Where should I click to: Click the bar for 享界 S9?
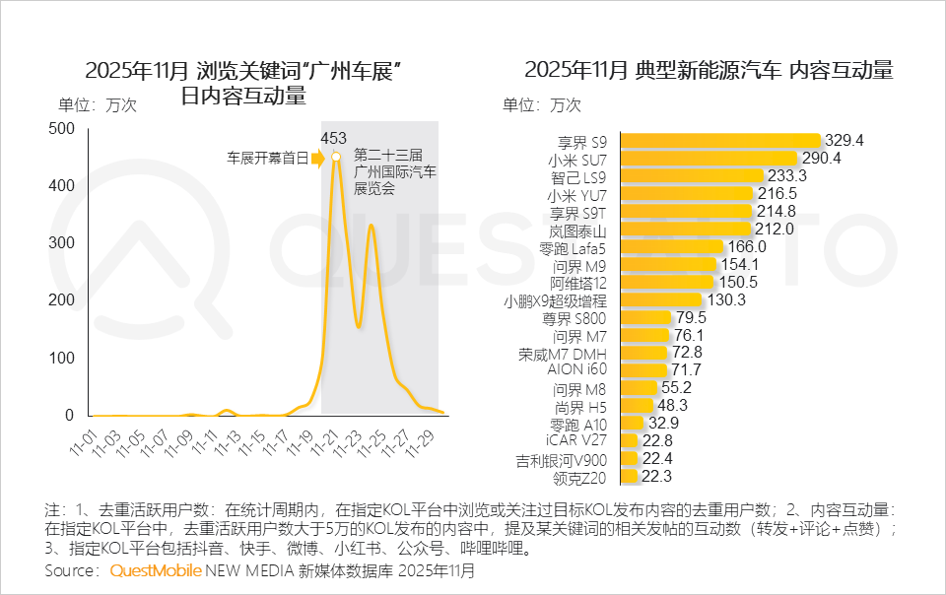(x=721, y=141)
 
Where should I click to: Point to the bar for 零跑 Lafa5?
(x=672, y=247)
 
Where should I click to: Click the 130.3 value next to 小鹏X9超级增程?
(x=726, y=299)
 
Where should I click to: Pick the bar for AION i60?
(x=642, y=369)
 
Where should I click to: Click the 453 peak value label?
(x=334, y=138)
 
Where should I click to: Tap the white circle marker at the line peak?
(x=336, y=157)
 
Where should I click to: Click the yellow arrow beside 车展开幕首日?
(x=317, y=157)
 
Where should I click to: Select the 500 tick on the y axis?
(x=61, y=128)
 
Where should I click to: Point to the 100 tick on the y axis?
(x=61, y=359)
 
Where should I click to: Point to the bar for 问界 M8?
(x=639, y=387)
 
